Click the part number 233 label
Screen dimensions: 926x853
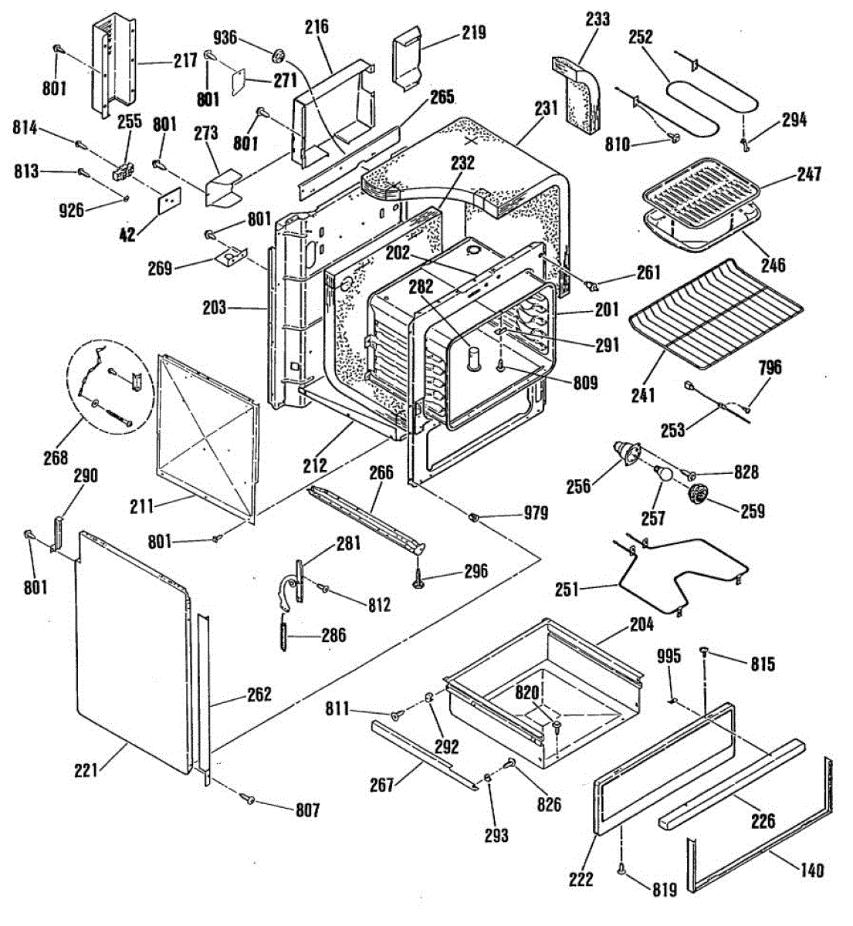coord(597,19)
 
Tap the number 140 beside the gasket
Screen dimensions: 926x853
coord(811,870)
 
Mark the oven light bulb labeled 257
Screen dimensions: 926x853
coord(662,475)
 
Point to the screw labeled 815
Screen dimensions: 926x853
coord(705,654)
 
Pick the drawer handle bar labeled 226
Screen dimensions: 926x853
coord(729,783)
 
